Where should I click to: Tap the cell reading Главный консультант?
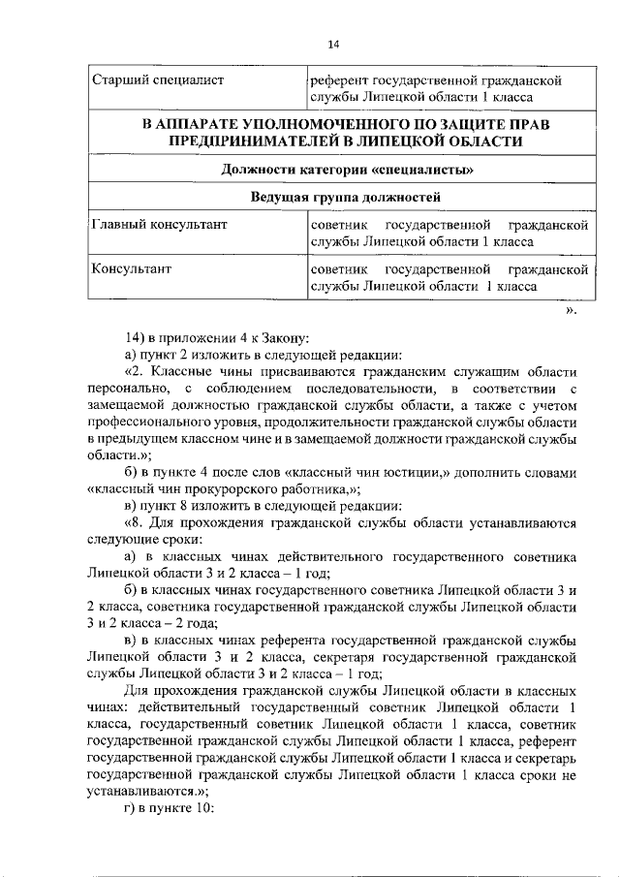[159, 226]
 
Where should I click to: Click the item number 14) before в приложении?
[136, 338]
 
